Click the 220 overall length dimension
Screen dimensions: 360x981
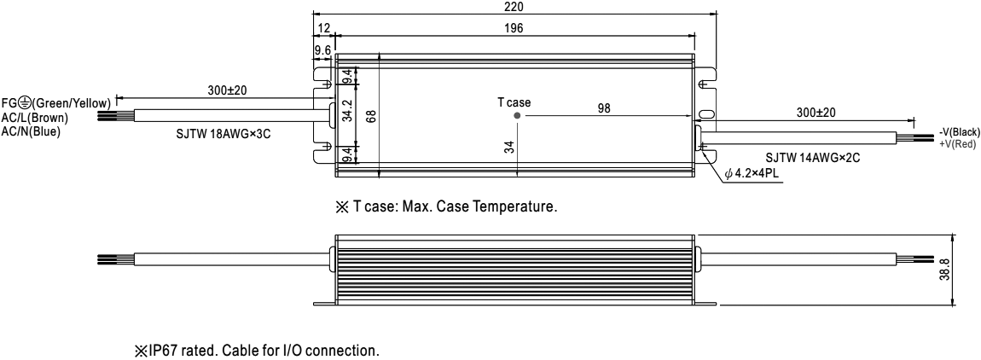(514, 7)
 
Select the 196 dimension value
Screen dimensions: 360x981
(514, 28)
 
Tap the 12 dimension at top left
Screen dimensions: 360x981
(323, 28)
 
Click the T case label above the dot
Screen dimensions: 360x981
(514, 102)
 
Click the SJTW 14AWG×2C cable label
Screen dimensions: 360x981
(806, 157)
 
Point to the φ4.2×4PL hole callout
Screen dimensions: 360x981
(756, 173)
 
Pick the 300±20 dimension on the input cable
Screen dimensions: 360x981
(228, 90)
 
